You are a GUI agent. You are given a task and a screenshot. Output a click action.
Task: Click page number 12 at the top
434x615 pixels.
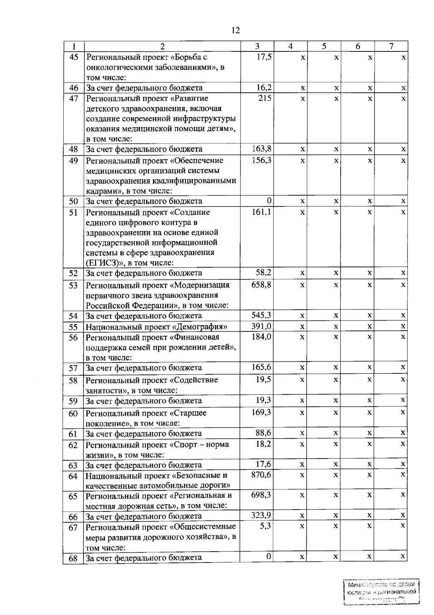pos(235,30)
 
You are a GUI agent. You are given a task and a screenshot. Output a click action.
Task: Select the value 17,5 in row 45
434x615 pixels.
pos(264,57)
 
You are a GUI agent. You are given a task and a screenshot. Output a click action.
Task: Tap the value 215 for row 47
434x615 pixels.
pos(265,98)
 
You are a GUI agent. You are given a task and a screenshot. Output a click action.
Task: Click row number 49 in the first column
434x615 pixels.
pos(73,160)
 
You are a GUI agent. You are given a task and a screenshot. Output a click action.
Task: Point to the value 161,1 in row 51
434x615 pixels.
pos(261,212)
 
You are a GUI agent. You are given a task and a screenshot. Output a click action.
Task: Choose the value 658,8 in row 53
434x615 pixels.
pos(261,285)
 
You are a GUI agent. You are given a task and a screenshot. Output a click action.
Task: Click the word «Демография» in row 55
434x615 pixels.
pos(200,327)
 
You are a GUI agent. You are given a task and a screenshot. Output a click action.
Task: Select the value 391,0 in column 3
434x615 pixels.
pos(261,326)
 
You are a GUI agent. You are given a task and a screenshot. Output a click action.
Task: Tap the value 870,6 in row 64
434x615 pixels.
pos(261,475)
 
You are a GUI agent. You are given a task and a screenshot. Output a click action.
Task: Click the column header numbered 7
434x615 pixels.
pos(391,46)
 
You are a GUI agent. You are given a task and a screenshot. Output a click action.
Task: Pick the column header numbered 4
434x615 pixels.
pos(290,46)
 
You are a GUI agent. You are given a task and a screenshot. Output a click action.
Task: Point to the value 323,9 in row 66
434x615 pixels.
pos(261,515)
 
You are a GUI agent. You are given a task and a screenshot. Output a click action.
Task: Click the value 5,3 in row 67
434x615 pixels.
pos(265,526)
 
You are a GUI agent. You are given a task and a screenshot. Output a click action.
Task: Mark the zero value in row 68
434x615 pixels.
pos(268,556)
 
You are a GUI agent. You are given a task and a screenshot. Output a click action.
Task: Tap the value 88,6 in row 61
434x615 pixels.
pos(263,433)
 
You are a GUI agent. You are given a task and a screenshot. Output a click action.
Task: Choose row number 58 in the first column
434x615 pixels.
pos(73,381)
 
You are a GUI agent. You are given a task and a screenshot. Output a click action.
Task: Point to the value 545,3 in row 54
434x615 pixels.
pos(261,315)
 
